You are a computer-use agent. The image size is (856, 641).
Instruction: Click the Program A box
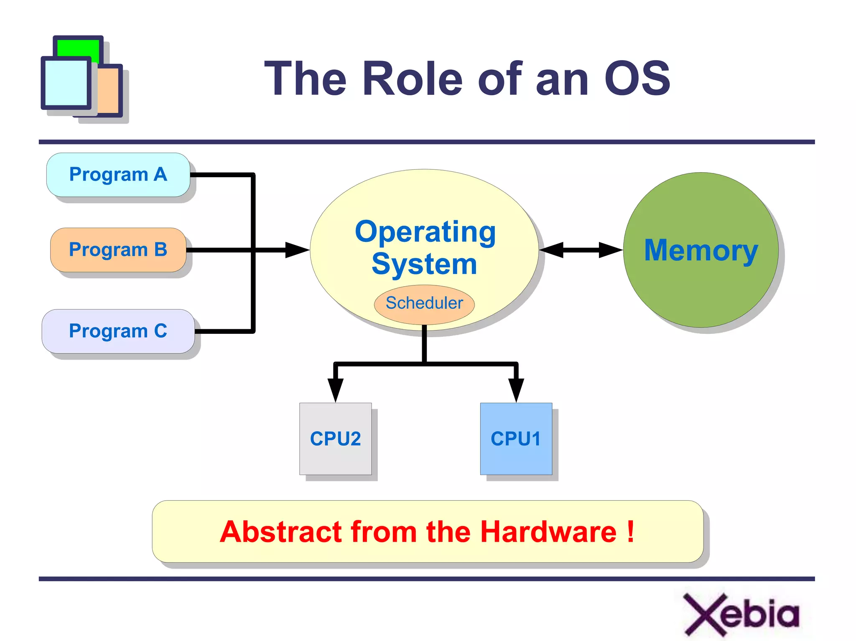pyautogui.click(x=118, y=175)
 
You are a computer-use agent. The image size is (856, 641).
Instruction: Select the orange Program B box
pyautogui.click(x=118, y=250)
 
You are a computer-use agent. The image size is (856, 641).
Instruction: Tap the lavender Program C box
pyautogui.click(x=118, y=331)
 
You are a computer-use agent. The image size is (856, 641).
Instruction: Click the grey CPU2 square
pyautogui.click(x=335, y=439)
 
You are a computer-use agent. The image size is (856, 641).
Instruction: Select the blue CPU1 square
pyautogui.click(x=516, y=439)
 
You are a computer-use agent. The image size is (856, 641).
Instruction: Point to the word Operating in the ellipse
pyautogui.click(x=425, y=232)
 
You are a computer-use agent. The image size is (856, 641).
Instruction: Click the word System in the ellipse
pyautogui.click(x=424, y=264)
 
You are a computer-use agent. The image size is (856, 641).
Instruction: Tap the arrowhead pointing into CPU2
pyautogui.click(x=335, y=389)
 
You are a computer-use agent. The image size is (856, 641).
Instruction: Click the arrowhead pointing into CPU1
pyautogui.click(x=516, y=389)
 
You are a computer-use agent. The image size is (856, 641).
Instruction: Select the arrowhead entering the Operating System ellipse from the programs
pyautogui.click(x=297, y=250)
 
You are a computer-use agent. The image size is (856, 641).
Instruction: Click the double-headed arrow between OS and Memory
pyautogui.click(x=581, y=250)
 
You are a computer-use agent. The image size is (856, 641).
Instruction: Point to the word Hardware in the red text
pyautogui.click(x=548, y=532)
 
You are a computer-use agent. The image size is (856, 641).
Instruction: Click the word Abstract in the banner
pyautogui.click(x=281, y=532)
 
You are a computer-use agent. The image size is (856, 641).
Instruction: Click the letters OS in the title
pyautogui.click(x=637, y=79)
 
